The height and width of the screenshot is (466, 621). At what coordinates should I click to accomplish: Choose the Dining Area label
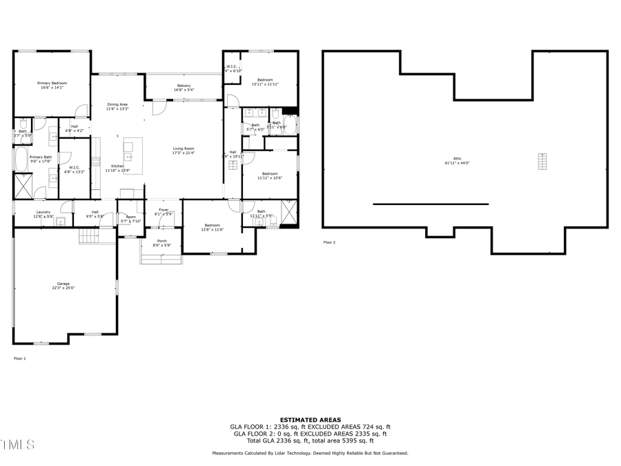click(117, 106)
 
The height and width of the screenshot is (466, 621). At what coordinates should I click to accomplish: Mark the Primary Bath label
click(40, 159)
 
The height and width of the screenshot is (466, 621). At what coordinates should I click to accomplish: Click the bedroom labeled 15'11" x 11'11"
click(266, 82)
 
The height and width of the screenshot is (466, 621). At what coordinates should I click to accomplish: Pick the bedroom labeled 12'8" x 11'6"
click(212, 227)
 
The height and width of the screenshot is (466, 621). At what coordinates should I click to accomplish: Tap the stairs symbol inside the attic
click(542, 161)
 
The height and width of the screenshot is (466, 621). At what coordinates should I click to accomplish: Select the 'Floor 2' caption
click(329, 242)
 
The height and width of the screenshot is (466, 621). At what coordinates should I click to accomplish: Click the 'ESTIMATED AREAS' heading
click(310, 420)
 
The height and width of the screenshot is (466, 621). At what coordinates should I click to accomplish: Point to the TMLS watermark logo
click(17, 445)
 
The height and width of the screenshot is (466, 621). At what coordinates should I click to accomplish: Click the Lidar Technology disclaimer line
click(310, 454)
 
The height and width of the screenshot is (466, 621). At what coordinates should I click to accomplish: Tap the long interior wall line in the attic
click(431, 204)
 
